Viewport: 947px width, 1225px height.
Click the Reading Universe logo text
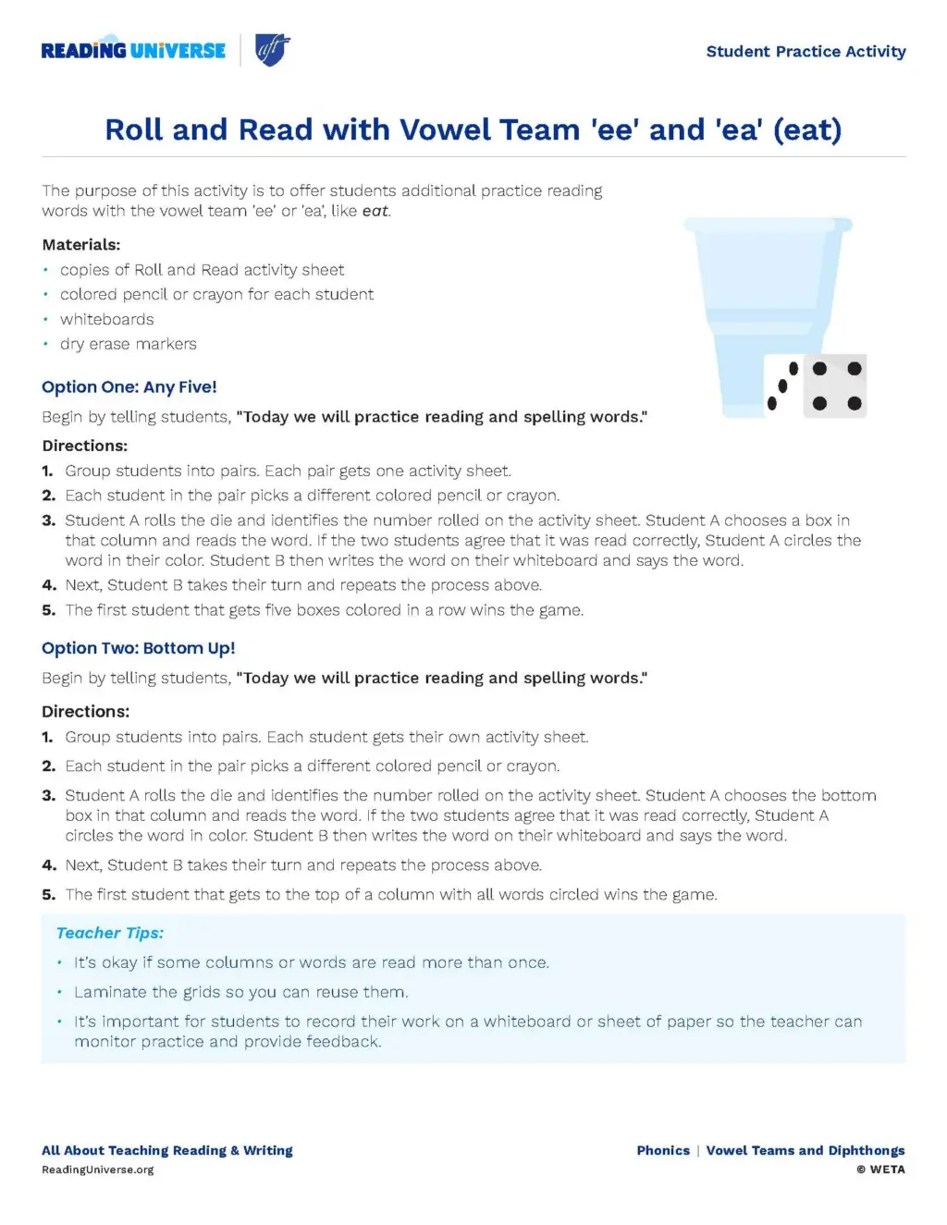point(133,50)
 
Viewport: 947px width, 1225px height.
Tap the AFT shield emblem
point(272,50)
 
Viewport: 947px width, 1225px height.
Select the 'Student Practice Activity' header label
point(806,52)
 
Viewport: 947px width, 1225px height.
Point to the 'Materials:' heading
point(81,245)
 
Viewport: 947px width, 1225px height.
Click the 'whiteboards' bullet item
point(107,320)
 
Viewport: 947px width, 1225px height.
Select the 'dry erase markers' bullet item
point(129,344)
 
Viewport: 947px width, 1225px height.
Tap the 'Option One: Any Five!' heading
point(129,387)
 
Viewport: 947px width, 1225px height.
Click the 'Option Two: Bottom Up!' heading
point(139,648)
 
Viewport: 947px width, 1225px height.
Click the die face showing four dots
point(836,386)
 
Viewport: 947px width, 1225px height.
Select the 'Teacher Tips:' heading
point(110,934)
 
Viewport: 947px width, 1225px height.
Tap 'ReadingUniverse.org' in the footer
point(98,1170)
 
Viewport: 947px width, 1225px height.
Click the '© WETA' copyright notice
point(880,1170)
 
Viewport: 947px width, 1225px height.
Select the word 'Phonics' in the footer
point(663,1151)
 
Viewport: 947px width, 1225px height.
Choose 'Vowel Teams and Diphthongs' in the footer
point(806,1151)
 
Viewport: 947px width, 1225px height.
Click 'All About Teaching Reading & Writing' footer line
point(167,1151)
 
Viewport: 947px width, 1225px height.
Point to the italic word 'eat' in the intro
point(375,211)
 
